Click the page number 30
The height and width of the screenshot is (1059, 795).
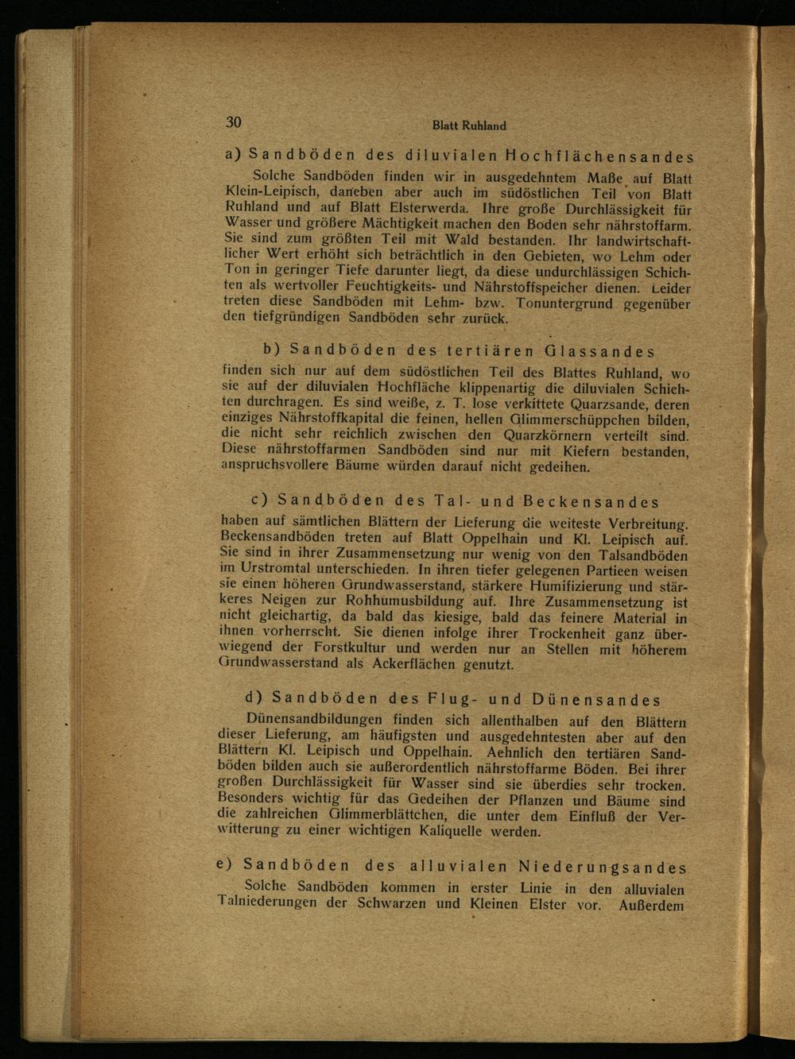click(233, 122)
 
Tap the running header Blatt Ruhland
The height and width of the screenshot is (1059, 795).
click(469, 126)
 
